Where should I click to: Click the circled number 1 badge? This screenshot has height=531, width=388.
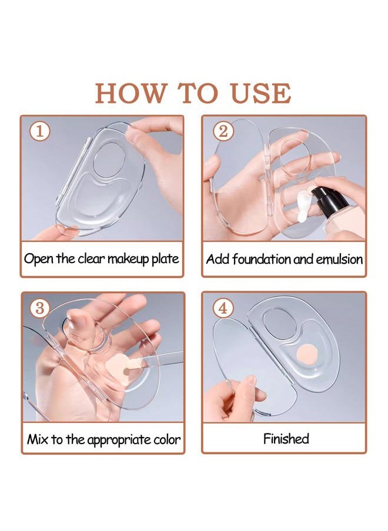39,132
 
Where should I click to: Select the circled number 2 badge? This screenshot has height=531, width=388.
222,131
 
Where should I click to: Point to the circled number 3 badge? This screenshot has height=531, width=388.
39,308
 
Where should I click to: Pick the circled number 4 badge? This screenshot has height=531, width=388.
222,308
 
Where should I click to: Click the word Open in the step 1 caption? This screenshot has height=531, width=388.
38,258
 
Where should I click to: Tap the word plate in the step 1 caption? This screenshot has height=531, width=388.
165,258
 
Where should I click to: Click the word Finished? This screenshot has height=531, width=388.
286,438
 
